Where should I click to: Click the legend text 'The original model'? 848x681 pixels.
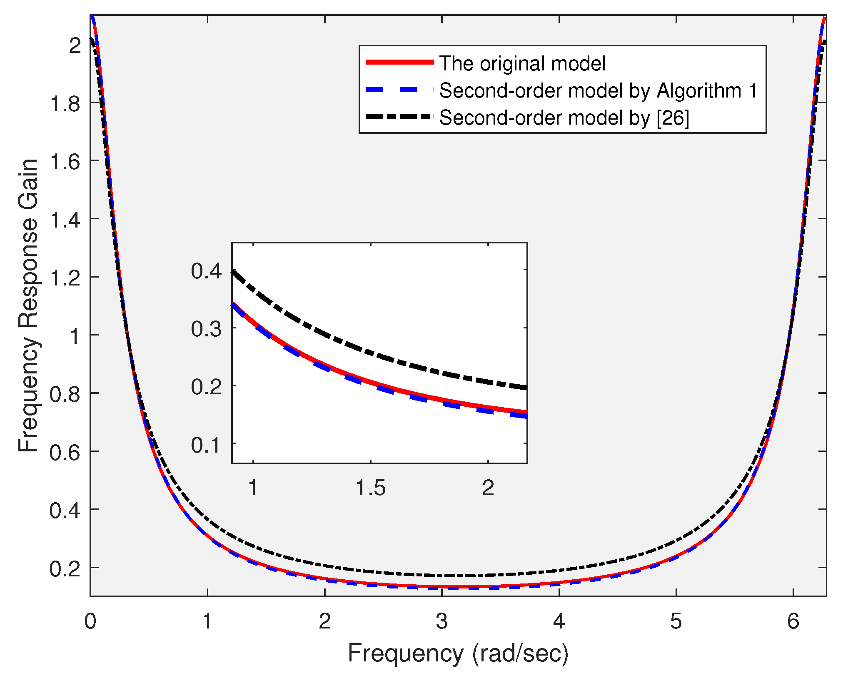522,64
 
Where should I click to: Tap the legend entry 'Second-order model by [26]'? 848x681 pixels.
564,118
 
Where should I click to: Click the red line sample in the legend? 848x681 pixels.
399,62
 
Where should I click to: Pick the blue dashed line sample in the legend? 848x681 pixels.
399,90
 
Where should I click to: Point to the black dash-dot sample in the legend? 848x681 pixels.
399,117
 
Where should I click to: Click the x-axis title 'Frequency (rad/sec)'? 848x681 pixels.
458,653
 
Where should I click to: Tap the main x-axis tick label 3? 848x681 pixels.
441,621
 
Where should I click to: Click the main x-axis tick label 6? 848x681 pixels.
793,621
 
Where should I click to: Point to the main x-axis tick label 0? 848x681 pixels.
90,621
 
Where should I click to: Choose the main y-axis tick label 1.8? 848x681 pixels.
65,104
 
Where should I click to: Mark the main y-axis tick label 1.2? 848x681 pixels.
65,278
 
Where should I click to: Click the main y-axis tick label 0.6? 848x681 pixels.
65,453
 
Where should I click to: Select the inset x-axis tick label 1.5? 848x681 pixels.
370,488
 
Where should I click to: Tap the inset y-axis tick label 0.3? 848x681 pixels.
206,329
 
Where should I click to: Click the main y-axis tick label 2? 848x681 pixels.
75,45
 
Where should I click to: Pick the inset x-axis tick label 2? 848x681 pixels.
488,488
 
